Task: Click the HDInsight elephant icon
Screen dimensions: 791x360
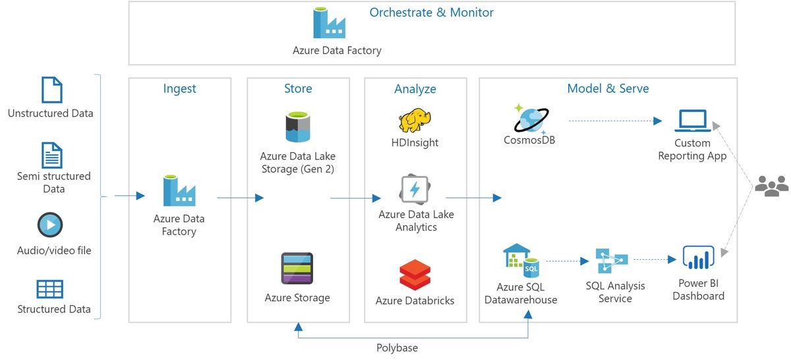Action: click(x=415, y=120)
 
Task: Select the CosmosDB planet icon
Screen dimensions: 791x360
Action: click(x=531, y=119)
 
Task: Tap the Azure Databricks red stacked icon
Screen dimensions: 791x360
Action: click(x=415, y=275)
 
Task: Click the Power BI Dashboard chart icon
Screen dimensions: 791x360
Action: click(x=698, y=257)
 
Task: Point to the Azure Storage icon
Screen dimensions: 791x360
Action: click(x=297, y=268)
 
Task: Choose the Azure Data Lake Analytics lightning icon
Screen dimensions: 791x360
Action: click(x=415, y=189)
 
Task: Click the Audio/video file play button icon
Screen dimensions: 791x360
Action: click(x=50, y=225)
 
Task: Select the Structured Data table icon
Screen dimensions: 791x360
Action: click(x=50, y=289)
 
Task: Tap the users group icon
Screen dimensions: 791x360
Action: click(x=772, y=186)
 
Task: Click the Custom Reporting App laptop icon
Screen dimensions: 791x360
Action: click(x=693, y=121)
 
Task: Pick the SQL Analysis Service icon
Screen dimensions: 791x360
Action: click(x=612, y=260)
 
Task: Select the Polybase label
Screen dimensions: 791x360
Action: click(x=397, y=348)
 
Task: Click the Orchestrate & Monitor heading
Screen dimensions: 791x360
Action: click(x=431, y=13)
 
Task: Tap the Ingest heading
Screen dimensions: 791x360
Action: click(x=179, y=88)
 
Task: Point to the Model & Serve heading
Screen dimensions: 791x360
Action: click(x=608, y=88)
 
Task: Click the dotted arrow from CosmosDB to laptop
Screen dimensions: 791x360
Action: click(x=615, y=121)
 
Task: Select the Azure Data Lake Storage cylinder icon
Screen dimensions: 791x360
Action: click(x=298, y=127)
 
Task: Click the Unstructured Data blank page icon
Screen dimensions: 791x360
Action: click(x=52, y=90)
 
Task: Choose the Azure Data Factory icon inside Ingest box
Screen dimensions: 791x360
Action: click(x=179, y=191)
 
